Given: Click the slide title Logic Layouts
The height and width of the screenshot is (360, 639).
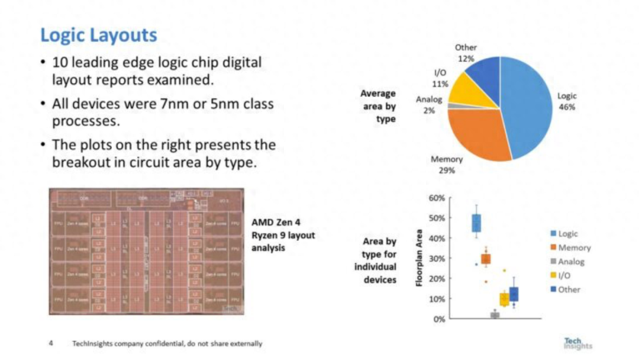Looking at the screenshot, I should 98,35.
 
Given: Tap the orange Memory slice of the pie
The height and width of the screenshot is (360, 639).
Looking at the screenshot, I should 476,133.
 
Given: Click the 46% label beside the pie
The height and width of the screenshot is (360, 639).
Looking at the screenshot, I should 567,107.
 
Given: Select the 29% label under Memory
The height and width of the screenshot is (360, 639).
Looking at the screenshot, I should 447,171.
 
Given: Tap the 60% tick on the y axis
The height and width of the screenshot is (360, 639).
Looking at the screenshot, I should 437,198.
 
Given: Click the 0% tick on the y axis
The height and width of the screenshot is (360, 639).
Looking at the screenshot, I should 438,319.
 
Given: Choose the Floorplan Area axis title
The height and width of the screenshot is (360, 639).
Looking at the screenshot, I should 418,258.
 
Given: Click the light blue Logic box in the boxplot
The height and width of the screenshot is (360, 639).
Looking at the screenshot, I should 476,223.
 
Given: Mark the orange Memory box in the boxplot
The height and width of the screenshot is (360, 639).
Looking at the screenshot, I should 486,259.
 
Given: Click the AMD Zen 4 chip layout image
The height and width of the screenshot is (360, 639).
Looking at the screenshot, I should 146,251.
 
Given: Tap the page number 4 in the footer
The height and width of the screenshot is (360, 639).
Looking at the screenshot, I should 51,343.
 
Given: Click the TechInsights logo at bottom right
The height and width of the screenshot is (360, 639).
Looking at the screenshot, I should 577,344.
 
